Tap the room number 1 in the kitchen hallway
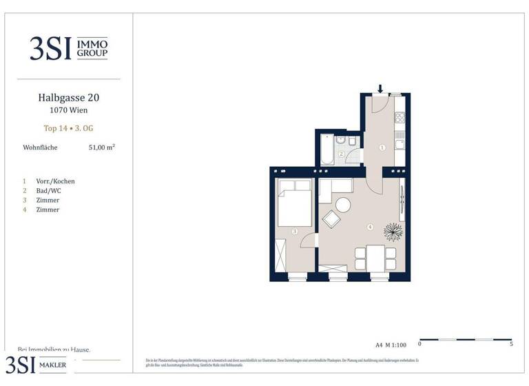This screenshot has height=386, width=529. pyautogui.click(x=382, y=147)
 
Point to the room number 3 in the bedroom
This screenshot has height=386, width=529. pyautogui.click(x=294, y=232)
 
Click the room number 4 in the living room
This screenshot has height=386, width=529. pyautogui.click(x=370, y=227)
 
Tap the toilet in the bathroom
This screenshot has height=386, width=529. pyautogui.click(x=352, y=141)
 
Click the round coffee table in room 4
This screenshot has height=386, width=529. pyautogui.click(x=342, y=205)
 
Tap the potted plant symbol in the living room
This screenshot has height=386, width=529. pyautogui.click(x=393, y=230)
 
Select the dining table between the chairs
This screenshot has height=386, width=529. pyautogui.click(x=376, y=258)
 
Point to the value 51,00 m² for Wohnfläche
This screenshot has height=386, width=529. pyautogui.click(x=101, y=147)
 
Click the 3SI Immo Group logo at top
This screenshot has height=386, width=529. pyautogui.click(x=68, y=48)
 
